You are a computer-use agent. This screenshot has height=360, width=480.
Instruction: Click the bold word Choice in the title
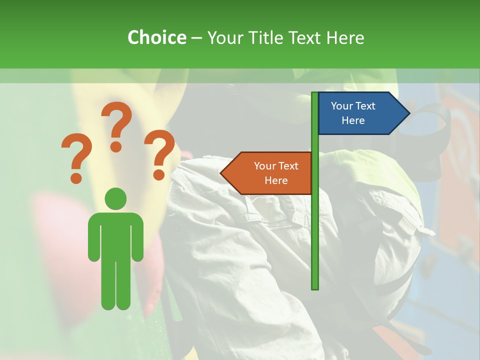click(156, 37)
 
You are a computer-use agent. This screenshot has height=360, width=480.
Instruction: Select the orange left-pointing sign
click(270, 173)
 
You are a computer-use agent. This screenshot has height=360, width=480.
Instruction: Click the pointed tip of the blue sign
click(408, 113)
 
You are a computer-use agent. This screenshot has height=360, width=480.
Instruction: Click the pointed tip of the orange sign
click(222, 173)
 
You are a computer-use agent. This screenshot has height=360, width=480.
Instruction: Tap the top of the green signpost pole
click(315, 93)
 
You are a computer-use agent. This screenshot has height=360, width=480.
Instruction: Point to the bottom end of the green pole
click(315, 287)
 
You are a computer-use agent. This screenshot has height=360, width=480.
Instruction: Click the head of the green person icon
click(115, 198)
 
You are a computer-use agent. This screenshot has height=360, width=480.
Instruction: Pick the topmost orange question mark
click(117, 125)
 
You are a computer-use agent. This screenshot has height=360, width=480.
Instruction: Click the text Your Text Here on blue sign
click(353, 113)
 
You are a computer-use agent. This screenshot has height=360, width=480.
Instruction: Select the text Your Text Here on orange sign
click(276, 173)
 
